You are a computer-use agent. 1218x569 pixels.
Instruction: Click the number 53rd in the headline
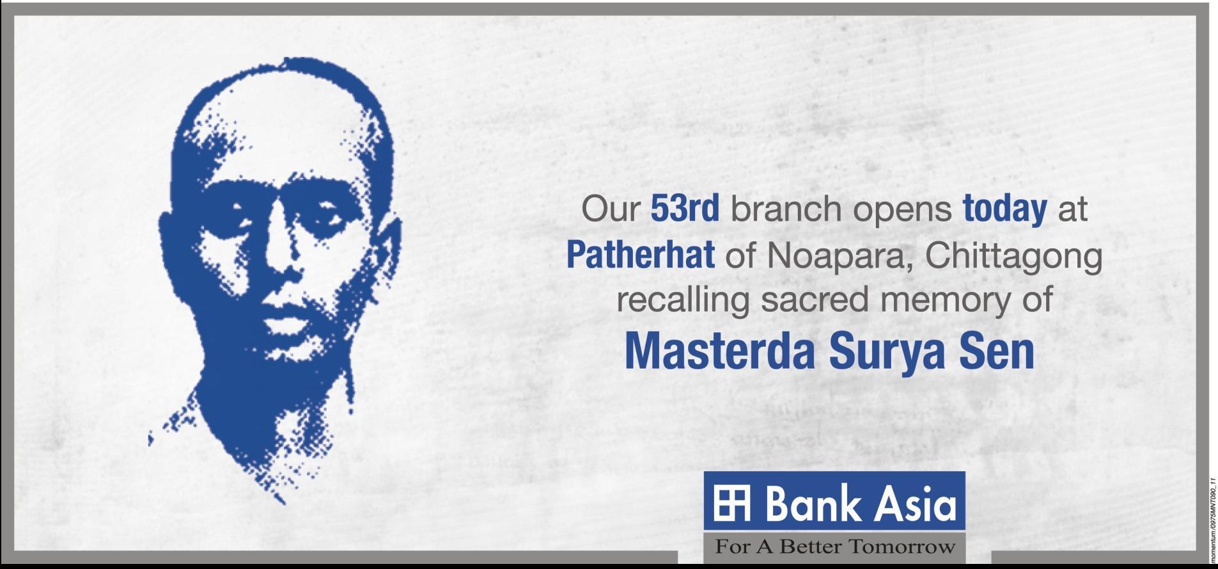pyautogui.click(x=685, y=209)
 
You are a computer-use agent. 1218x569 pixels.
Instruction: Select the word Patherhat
pyautogui.click(x=640, y=255)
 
